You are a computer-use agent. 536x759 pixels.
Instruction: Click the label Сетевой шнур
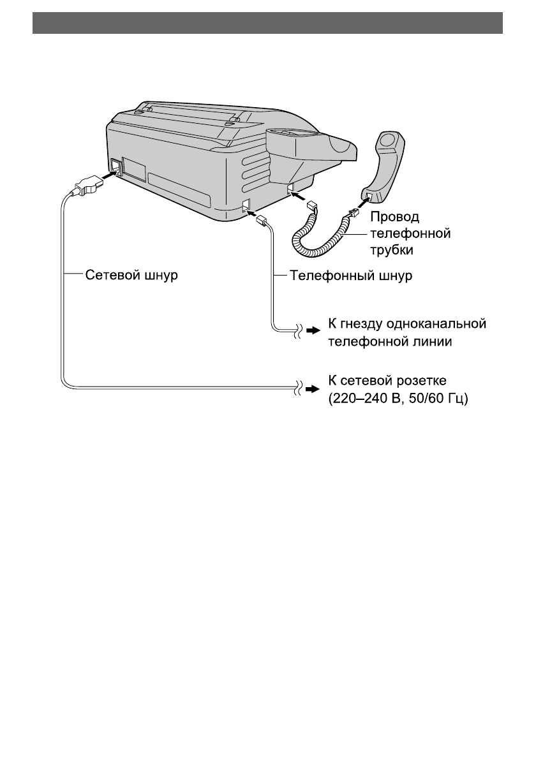[x=131, y=276]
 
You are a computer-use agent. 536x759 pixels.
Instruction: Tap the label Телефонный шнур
[x=351, y=276]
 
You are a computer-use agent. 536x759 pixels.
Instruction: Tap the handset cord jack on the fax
[x=290, y=188]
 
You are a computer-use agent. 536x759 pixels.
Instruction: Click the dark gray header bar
[x=268, y=23]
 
